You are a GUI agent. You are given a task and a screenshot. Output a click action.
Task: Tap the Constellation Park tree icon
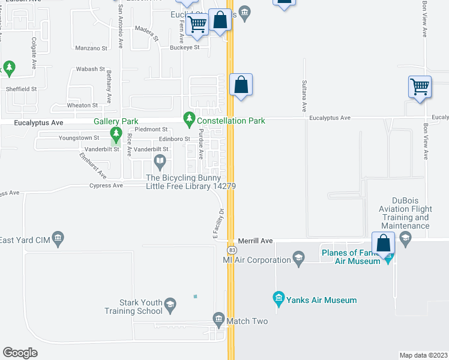pyautogui.click(x=190, y=118)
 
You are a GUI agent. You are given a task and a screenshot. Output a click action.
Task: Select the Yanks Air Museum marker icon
pyautogui.click(x=278, y=298)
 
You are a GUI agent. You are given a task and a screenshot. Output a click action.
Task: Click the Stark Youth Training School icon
pyautogui.click(x=170, y=305)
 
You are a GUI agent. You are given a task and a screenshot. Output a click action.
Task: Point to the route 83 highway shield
pyautogui.click(x=231, y=249)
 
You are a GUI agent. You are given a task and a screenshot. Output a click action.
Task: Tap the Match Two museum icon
pyautogui.click(x=218, y=318)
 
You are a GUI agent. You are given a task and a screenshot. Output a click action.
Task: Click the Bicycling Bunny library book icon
pyautogui.click(x=160, y=160)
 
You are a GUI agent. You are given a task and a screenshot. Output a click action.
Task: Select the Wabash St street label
pyautogui.click(x=90, y=70)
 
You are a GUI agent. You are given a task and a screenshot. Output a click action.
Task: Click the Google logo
pyautogui.click(x=20, y=352)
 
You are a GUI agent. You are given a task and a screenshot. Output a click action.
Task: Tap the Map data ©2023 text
pyautogui.click(x=423, y=355)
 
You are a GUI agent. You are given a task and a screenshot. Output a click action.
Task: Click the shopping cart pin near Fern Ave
pyautogui.click(x=197, y=25)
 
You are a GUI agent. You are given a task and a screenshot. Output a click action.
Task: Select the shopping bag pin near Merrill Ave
pyautogui.click(x=383, y=244)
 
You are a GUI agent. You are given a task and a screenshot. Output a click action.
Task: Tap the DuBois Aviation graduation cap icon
pyautogui.click(x=405, y=239)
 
